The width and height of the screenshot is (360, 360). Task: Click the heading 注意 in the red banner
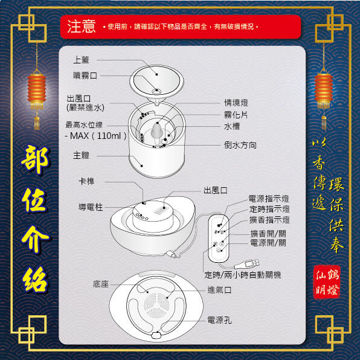tap(82, 27)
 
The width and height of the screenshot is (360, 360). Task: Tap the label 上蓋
tap(81, 60)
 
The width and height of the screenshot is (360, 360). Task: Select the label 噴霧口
tap(85, 76)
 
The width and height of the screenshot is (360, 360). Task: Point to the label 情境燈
tap(236, 103)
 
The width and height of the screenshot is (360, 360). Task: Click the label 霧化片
tap(236, 115)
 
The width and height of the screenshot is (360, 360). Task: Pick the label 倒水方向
tap(240, 145)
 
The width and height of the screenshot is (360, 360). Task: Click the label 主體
tap(81, 155)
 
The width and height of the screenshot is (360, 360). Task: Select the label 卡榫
tap(86, 181)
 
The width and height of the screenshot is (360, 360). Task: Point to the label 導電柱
tap(91, 207)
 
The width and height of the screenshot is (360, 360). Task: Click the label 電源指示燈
tap(269, 199)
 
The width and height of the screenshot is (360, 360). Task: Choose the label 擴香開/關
tap(268, 234)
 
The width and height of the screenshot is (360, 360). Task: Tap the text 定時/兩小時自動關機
tap(243, 275)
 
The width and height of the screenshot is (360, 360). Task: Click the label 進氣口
tap(219, 290)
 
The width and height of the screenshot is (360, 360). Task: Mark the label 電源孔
tap(219, 320)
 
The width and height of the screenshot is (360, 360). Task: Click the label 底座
tap(100, 284)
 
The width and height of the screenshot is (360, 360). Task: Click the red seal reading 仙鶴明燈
tap(327, 282)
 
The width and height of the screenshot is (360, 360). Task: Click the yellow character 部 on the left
tap(35, 159)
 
